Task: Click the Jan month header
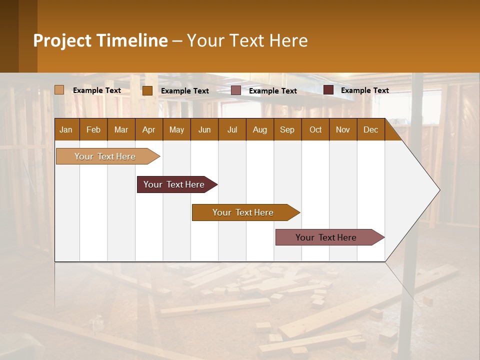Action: (66, 129)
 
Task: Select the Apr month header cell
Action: (148, 129)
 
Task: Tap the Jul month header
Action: (232, 129)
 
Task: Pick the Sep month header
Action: (287, 129)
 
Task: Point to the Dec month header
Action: (370, 129)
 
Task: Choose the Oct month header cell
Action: (315, 129)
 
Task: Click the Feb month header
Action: (93, 129)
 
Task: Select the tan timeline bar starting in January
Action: (105, 156)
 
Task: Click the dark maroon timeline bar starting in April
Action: (174, 184)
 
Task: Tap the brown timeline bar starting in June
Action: (243, 212)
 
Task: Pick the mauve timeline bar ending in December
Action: (326, 237)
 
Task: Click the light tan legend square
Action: (59, 90)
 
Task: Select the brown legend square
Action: (147, 90)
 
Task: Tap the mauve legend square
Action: (236, 90)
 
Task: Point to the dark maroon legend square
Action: (328, 90)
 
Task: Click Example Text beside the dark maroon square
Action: (364, 90)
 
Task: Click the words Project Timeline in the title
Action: (100, 40)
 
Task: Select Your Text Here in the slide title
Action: (247, 40)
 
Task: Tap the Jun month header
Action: (204, 129)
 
